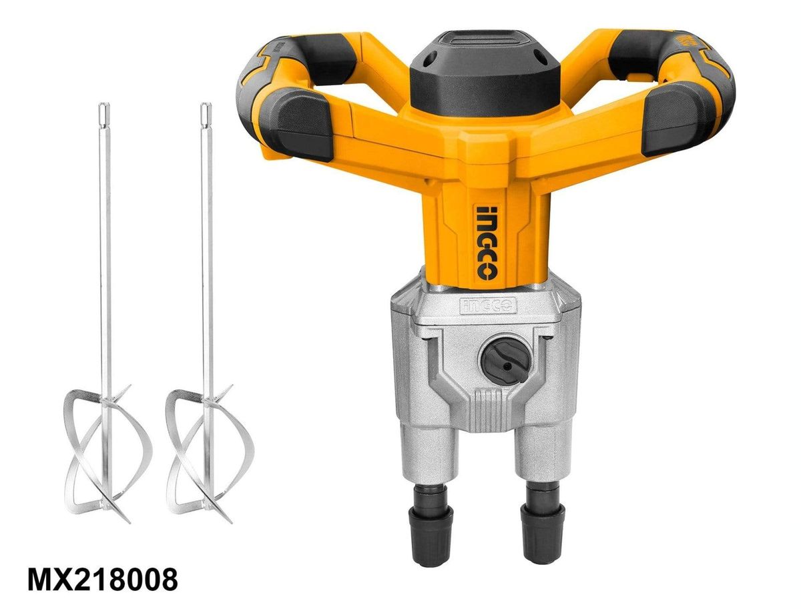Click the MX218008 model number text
tap(103, 579)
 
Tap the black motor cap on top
tap(485, 73)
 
